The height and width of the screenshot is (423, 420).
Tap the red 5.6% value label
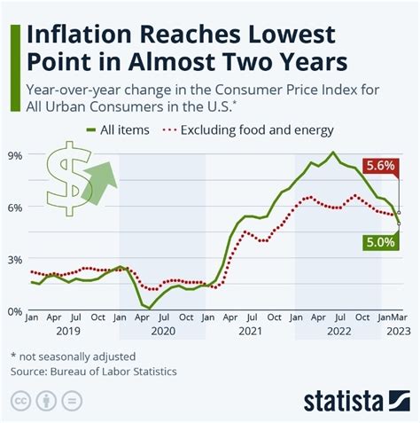click(380, 166)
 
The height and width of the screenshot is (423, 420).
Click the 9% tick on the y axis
click(16, 154)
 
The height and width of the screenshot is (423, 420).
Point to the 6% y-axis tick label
click(16, 207)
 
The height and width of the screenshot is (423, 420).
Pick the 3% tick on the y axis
click(16, 259)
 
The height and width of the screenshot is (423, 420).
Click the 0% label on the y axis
click(16, 311)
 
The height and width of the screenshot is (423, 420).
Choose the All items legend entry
click(114, 130)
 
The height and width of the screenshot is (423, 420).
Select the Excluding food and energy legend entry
click(248, 130)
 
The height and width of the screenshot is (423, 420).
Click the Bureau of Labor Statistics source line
click(94, 371)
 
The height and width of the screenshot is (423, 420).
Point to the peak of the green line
click(332, 153)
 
